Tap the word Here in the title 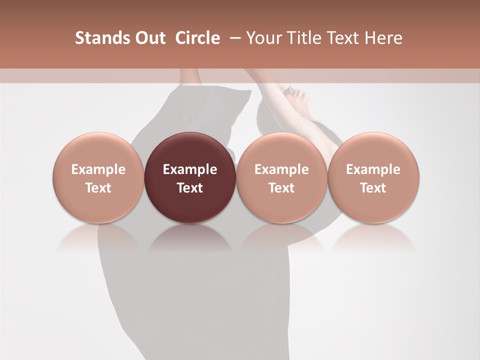coord(384,38)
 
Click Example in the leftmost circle coord(98,169)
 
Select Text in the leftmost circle coord(98,188)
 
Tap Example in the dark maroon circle coord(190,169)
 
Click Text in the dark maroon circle coord(190,188)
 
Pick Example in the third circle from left coord(281,169)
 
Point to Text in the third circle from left coord(281,188)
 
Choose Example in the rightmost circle coord(373,169)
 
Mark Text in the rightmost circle coord(373,188)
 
